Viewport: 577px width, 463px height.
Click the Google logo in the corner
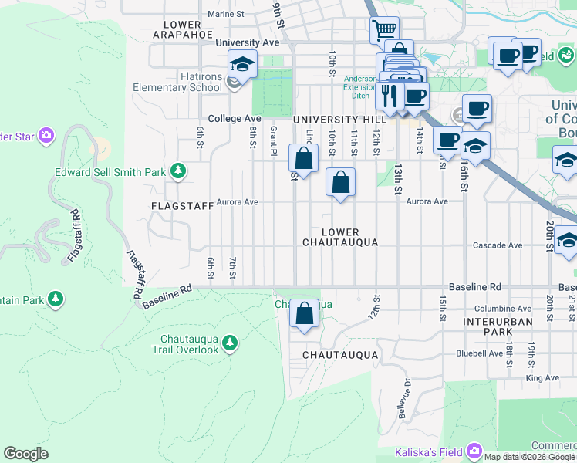click(26, 454)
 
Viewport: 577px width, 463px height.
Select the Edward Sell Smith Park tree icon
click(178, 171)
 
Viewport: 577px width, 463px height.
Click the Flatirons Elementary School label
click(177, 82)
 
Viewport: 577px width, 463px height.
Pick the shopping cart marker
click(384, 31)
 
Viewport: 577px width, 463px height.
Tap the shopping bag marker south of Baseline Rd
click(305, 313)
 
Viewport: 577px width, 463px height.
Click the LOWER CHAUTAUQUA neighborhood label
click(340, 237)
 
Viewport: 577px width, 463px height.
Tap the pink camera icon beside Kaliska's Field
click(473, 451)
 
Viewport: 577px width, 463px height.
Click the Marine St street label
click(225, 14)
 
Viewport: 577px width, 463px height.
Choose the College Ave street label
click(235, 119)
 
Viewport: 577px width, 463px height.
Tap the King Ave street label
click(542, 377)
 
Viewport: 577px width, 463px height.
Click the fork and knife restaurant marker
click(389, 96)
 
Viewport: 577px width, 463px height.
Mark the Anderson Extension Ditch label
click(360, 86)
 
